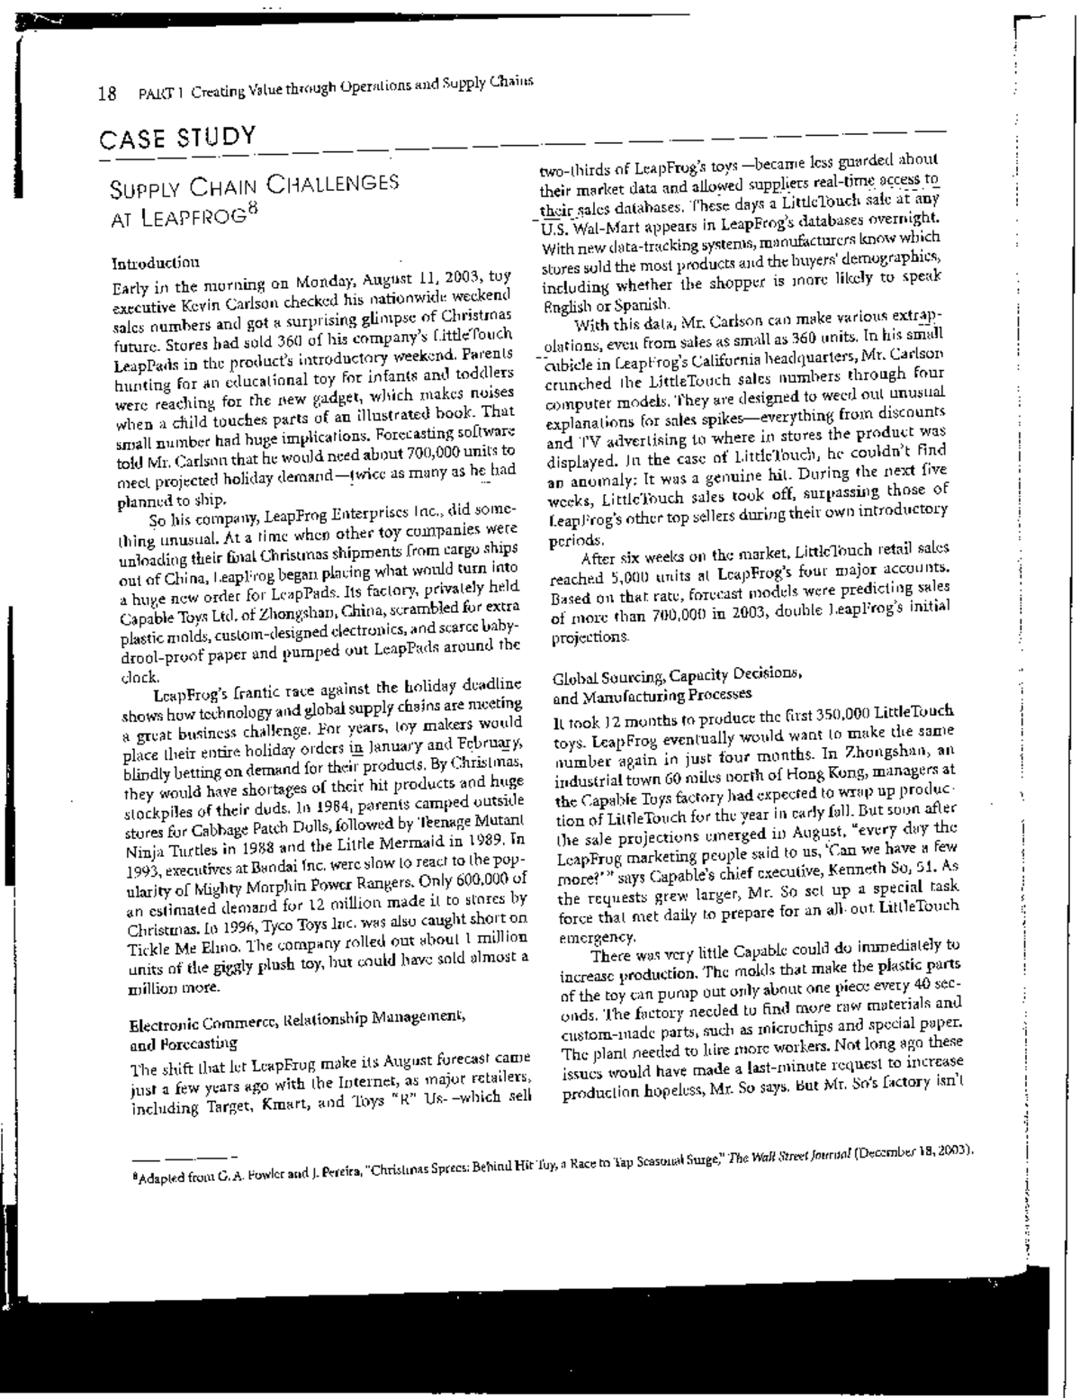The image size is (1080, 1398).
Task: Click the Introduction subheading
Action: [155, 264]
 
